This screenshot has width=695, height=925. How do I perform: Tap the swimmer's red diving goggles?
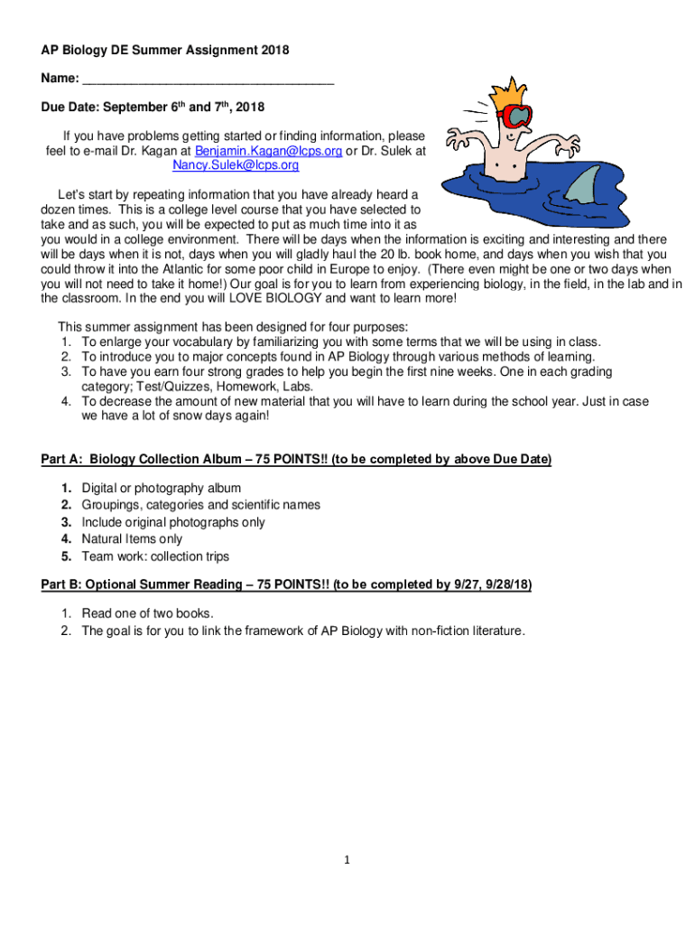(516, 117)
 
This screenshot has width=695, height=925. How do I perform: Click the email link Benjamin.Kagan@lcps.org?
(268, 152)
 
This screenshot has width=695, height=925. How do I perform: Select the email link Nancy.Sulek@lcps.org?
(236, 166)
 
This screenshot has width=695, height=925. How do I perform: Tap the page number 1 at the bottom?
(347, 859)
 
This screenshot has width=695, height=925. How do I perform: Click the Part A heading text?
(296, 460)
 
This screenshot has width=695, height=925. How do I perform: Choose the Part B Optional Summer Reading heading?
(286, 585)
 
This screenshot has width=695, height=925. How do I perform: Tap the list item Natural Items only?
(132, 539)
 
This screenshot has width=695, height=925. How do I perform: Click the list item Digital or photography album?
(162, 488)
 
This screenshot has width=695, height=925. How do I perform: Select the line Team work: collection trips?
(155, 556)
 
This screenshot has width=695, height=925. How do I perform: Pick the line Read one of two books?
(148, 614)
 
